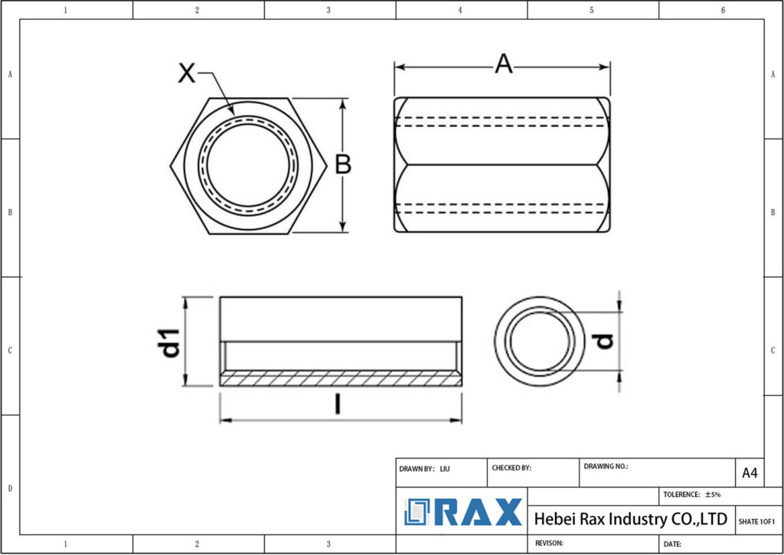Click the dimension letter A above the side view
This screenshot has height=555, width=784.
[503, 65]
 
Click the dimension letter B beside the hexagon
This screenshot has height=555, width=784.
[343, 165]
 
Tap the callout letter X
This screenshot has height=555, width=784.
[186, 73]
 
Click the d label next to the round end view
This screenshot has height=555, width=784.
[605, 341]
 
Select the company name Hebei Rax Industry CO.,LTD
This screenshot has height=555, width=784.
[630, 519]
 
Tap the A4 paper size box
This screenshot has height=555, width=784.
[750, 473]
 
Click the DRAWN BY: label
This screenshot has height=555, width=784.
[417, 468]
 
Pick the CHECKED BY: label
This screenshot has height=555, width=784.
[511, 468]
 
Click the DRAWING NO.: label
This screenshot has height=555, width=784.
[606, 465]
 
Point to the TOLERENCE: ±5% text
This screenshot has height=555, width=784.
[692, 495]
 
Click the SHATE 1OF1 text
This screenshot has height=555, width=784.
[756, 521]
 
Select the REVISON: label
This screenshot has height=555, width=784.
[549, 543]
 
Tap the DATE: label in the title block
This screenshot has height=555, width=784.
[672, 544]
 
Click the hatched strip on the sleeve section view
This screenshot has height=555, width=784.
[341, 378]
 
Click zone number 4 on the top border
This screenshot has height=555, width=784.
[460, 10]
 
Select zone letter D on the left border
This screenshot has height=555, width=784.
[9, 488]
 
